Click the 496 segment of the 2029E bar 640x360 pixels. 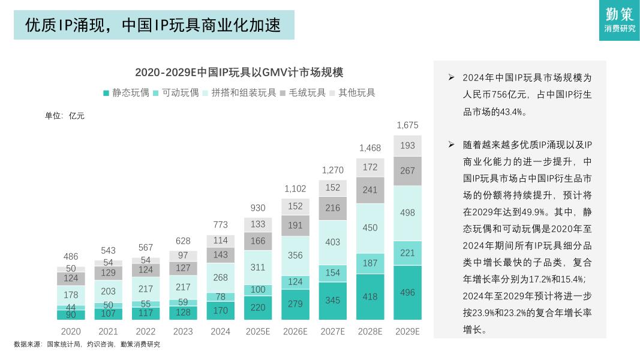point(407,292)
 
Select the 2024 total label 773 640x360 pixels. point(220,225)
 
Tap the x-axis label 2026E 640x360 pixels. point(295,331)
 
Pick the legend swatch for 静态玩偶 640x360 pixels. point(106,93)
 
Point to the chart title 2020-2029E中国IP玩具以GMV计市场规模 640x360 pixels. point(239,73)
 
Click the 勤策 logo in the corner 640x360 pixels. point(619,20)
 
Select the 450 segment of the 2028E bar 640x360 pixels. point(370,228)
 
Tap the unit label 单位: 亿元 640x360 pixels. point(65,116)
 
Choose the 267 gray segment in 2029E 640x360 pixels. point(407,171)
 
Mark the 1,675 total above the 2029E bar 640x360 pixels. point(407,125)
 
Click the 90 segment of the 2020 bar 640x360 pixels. point(71,314)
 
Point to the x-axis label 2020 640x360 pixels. point(71,331)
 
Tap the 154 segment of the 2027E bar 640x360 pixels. point(332,273)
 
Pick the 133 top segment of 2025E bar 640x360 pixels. point(258,224)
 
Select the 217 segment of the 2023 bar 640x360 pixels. point(183,287)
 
